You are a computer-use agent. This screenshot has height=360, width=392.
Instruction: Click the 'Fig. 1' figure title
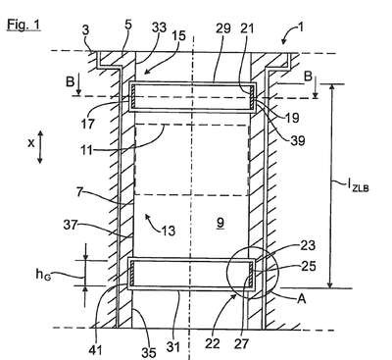(x=24, y=25)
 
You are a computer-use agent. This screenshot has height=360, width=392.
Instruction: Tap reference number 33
(x=160, y=28)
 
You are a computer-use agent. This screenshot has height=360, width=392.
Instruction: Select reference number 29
(x=222, y=28)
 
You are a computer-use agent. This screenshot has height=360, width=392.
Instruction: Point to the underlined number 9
(x=220, y=223)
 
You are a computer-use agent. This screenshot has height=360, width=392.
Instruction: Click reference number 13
(x=169, y=231)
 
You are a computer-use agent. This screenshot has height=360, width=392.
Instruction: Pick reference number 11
(x=87, y=151)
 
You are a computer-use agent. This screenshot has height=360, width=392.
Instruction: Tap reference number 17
(x=87, y=124)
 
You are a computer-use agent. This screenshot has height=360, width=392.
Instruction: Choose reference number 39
(x=297, y=140)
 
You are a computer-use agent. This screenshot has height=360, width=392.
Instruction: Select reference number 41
(x=96, y=350)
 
